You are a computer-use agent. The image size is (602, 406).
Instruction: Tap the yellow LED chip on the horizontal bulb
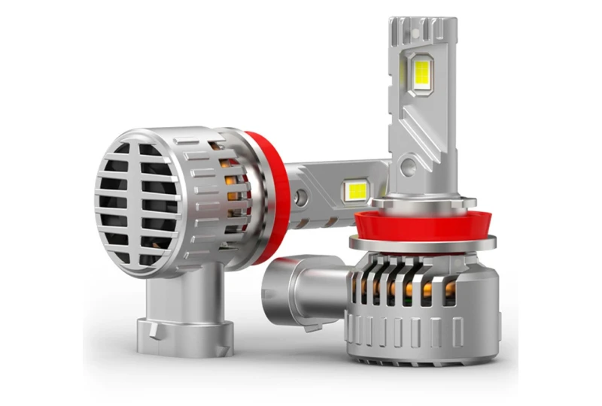click(355, 191)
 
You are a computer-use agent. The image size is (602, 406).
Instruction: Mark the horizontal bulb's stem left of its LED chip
click(320, 184)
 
